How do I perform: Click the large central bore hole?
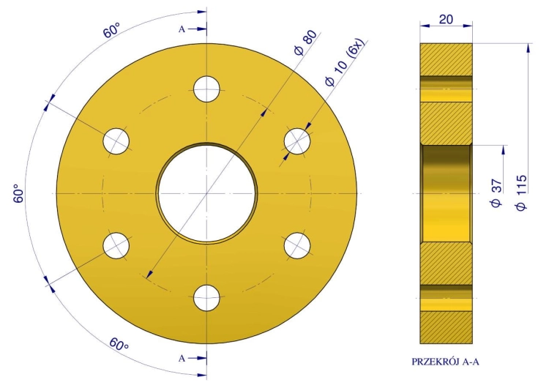click(x=207, y=193)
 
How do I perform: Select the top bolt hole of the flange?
click(x=207, y=89)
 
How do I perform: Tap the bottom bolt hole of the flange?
click(x=207, y=298)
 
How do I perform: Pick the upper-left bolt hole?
click(x=116, y=141)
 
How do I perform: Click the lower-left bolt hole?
click(x=116, y=245)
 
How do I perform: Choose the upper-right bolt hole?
click(x=297, y=141)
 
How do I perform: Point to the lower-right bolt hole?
click(x=297, y=245)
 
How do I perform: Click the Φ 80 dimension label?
click(x=306, y=42)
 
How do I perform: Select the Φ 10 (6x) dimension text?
click(x=346, y=62)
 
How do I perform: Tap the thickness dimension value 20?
click(x=446, y=19)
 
